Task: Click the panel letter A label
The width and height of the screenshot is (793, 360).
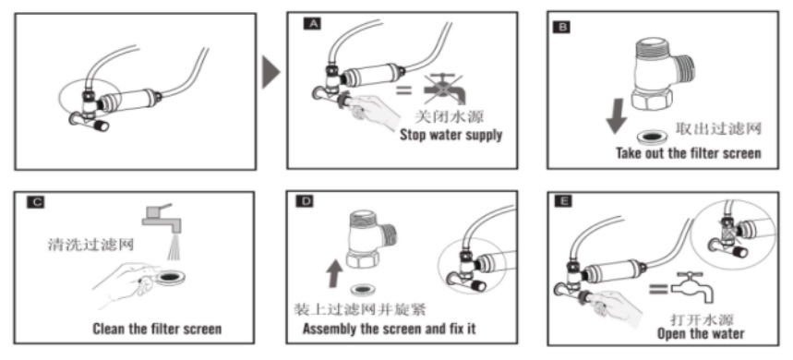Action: (312, 23)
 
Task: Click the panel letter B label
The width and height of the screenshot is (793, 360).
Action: (561, 27)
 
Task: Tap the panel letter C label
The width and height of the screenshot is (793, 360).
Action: (35, 203)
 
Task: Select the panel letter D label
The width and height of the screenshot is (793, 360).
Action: (307, 201)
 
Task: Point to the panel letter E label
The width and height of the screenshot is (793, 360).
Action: (563, 201)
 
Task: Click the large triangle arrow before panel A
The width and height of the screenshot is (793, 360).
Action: (270, 72)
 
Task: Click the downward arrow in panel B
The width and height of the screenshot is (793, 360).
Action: (616, 119)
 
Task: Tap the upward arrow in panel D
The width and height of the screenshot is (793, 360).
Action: (332, 273)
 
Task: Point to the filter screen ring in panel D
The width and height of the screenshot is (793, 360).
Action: (363, 290)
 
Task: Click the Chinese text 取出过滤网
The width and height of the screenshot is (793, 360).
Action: (717, 128)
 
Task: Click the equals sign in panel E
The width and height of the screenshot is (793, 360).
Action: (658, 289)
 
